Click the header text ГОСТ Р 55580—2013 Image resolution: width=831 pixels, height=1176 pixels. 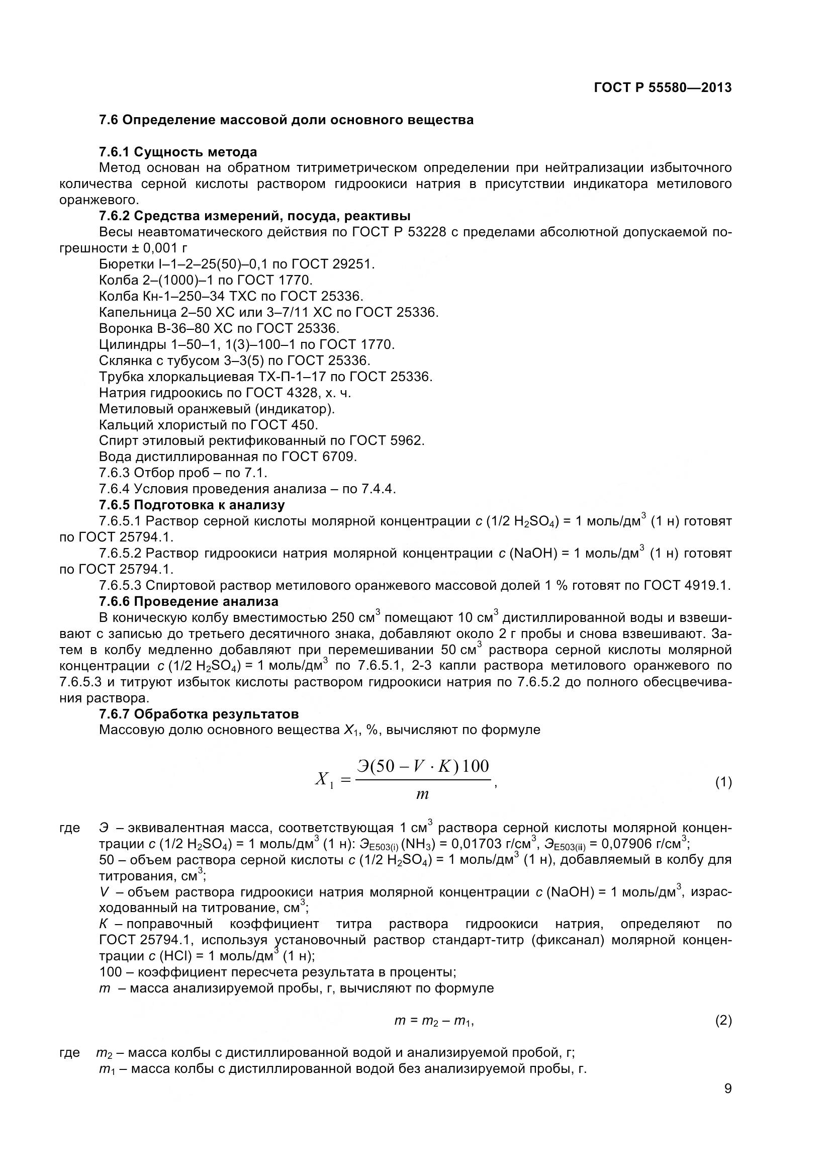point(663,87)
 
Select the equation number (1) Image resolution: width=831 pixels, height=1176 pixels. point(723,782)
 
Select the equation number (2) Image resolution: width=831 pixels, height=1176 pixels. point(723,1021)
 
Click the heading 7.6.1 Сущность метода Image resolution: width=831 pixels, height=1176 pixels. point(177,152)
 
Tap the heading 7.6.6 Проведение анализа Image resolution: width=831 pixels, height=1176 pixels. point(189,601)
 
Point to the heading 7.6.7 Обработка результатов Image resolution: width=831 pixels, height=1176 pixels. point(199,713)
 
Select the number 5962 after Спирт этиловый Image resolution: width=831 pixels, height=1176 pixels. point(407,440)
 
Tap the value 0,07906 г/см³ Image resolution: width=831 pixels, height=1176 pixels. point(645,843)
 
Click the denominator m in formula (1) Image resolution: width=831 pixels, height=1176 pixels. point(422,795)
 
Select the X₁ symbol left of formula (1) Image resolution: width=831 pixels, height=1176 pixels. point(324,780)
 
